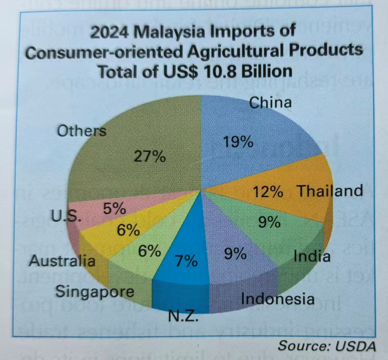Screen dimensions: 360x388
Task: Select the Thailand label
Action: click(330, 191)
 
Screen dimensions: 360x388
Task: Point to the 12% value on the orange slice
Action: click(268, 192)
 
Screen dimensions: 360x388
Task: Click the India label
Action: click(312, 256)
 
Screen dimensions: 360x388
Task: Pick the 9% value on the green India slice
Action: click(270, 222)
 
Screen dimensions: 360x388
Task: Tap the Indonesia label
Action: click(277, 298)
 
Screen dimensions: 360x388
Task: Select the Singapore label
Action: click(95, 291)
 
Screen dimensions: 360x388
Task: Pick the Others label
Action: click(81, 131)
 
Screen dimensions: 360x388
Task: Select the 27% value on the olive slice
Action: click(150, 157)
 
